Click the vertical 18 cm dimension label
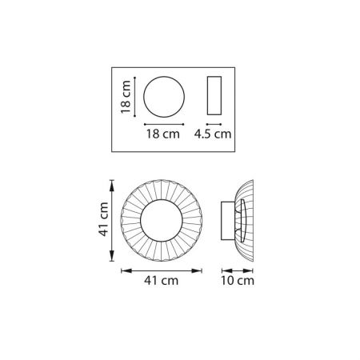pyautogui.click(x=126, y=97)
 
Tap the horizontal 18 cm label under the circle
pyautogui.click(x=163, y=134)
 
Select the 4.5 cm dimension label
pyautogui.click(x=213, y=134)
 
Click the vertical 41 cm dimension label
pyautogui.click(x=103, y=219)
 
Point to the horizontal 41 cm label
pyautogui.click(x=162, y=281)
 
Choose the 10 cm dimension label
pyautogui.click(x=238, y=281)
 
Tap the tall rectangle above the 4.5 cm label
pyautogui.click(x=207, y=96)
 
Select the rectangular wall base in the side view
pyautogui.click(x=222, y=221)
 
